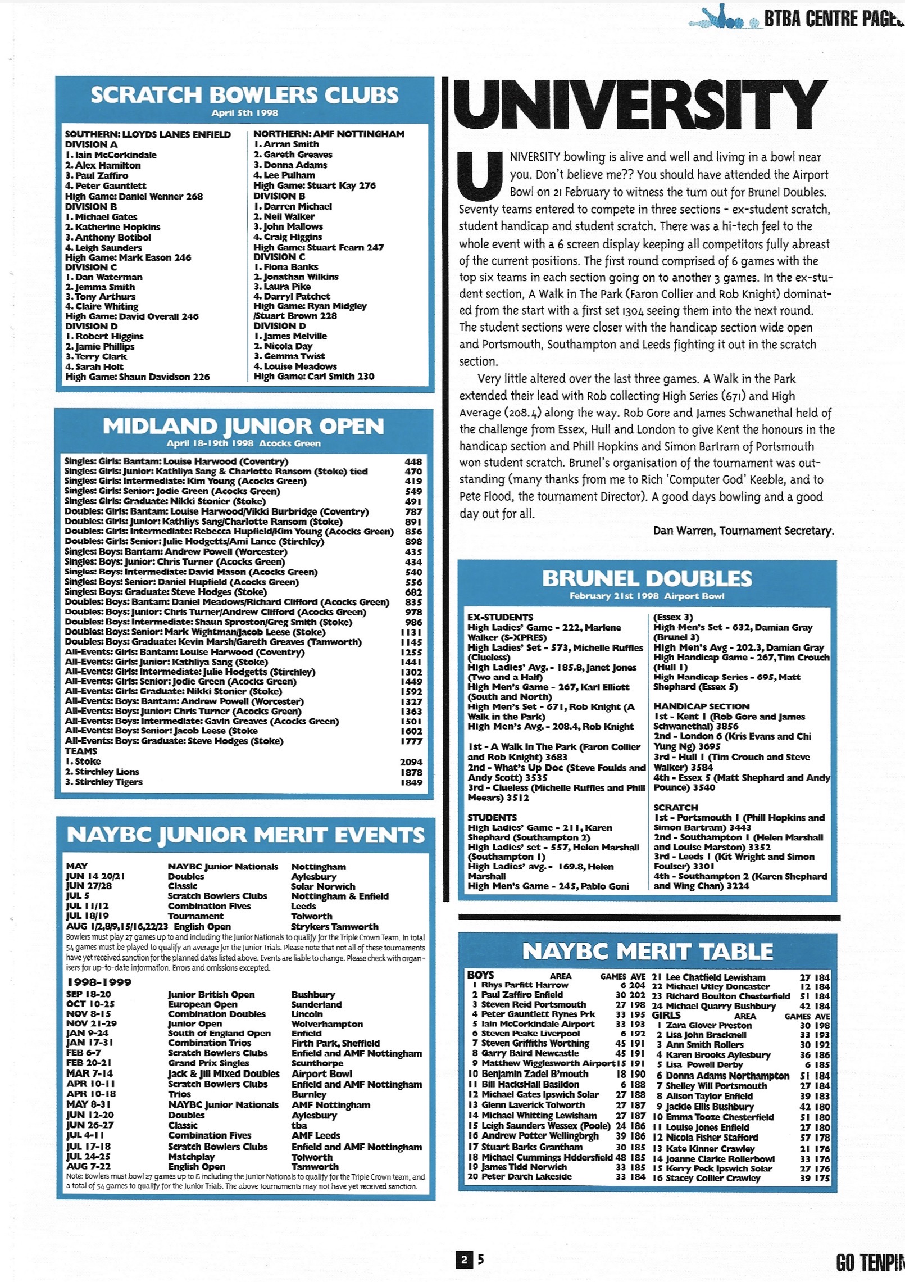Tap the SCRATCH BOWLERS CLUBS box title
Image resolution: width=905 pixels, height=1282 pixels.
[x=244, y=95]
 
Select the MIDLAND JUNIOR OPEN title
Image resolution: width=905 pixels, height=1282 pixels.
[x=243, y=427]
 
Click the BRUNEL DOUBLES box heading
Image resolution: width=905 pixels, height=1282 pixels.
[x=647, y=579]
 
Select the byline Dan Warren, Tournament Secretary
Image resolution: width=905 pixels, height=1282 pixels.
[x=743, y=531]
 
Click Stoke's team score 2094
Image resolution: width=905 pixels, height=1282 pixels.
[x=411, y=762]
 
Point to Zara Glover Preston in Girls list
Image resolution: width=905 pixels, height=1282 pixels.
[x=708, y=1025]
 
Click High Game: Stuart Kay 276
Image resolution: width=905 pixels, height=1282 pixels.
[x=315, y=185]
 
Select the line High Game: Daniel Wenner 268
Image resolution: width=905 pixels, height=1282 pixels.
[x=134, y=196]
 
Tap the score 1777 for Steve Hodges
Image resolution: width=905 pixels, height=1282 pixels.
[x=411, y=741]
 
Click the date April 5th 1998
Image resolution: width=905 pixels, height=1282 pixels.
[x=244, y=113]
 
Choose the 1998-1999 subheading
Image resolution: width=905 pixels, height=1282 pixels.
[x=99, y=982]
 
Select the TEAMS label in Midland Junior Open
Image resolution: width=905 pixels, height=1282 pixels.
[x=81, y=751]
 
